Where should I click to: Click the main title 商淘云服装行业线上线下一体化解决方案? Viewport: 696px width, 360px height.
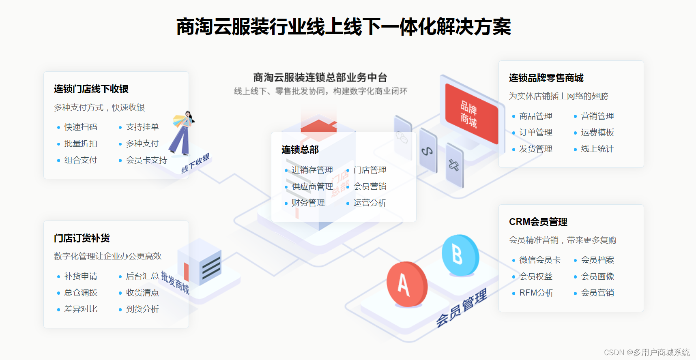coord(344,27)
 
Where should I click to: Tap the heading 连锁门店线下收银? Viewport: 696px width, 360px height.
coord(91,89)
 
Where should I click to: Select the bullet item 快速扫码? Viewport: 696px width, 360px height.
coord(81,127)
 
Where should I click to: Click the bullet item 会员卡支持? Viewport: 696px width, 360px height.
coord(146,160)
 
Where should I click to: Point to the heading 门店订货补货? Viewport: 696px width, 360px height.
coord(82,238)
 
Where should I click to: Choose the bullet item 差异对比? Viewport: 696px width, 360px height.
coord(81,309)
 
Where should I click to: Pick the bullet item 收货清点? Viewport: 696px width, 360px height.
coord(142,293)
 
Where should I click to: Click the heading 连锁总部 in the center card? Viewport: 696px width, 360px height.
coord(300,150)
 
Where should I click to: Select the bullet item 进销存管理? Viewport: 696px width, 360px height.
coord(312,170)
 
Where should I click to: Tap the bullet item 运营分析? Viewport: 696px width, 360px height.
coord(370,203)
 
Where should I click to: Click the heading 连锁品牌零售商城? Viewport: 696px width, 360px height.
coord(546,78)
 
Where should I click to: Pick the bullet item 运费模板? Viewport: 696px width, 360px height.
coord(597,133)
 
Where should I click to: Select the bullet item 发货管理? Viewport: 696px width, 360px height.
coord(536,149)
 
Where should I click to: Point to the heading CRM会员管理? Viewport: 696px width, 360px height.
coord(538,222)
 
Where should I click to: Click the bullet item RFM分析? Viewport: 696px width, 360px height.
coord(536,293)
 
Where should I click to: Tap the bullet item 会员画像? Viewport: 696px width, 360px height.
coord(597,276)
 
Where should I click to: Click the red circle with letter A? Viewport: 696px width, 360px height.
coord(406,284)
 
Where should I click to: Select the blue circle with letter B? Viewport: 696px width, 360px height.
coord(460,255)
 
